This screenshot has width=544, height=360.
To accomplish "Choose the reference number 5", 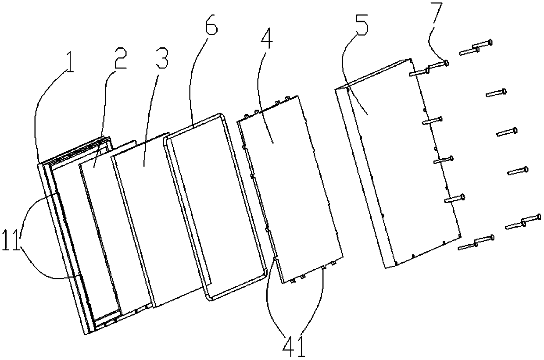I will tap(361, 29).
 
